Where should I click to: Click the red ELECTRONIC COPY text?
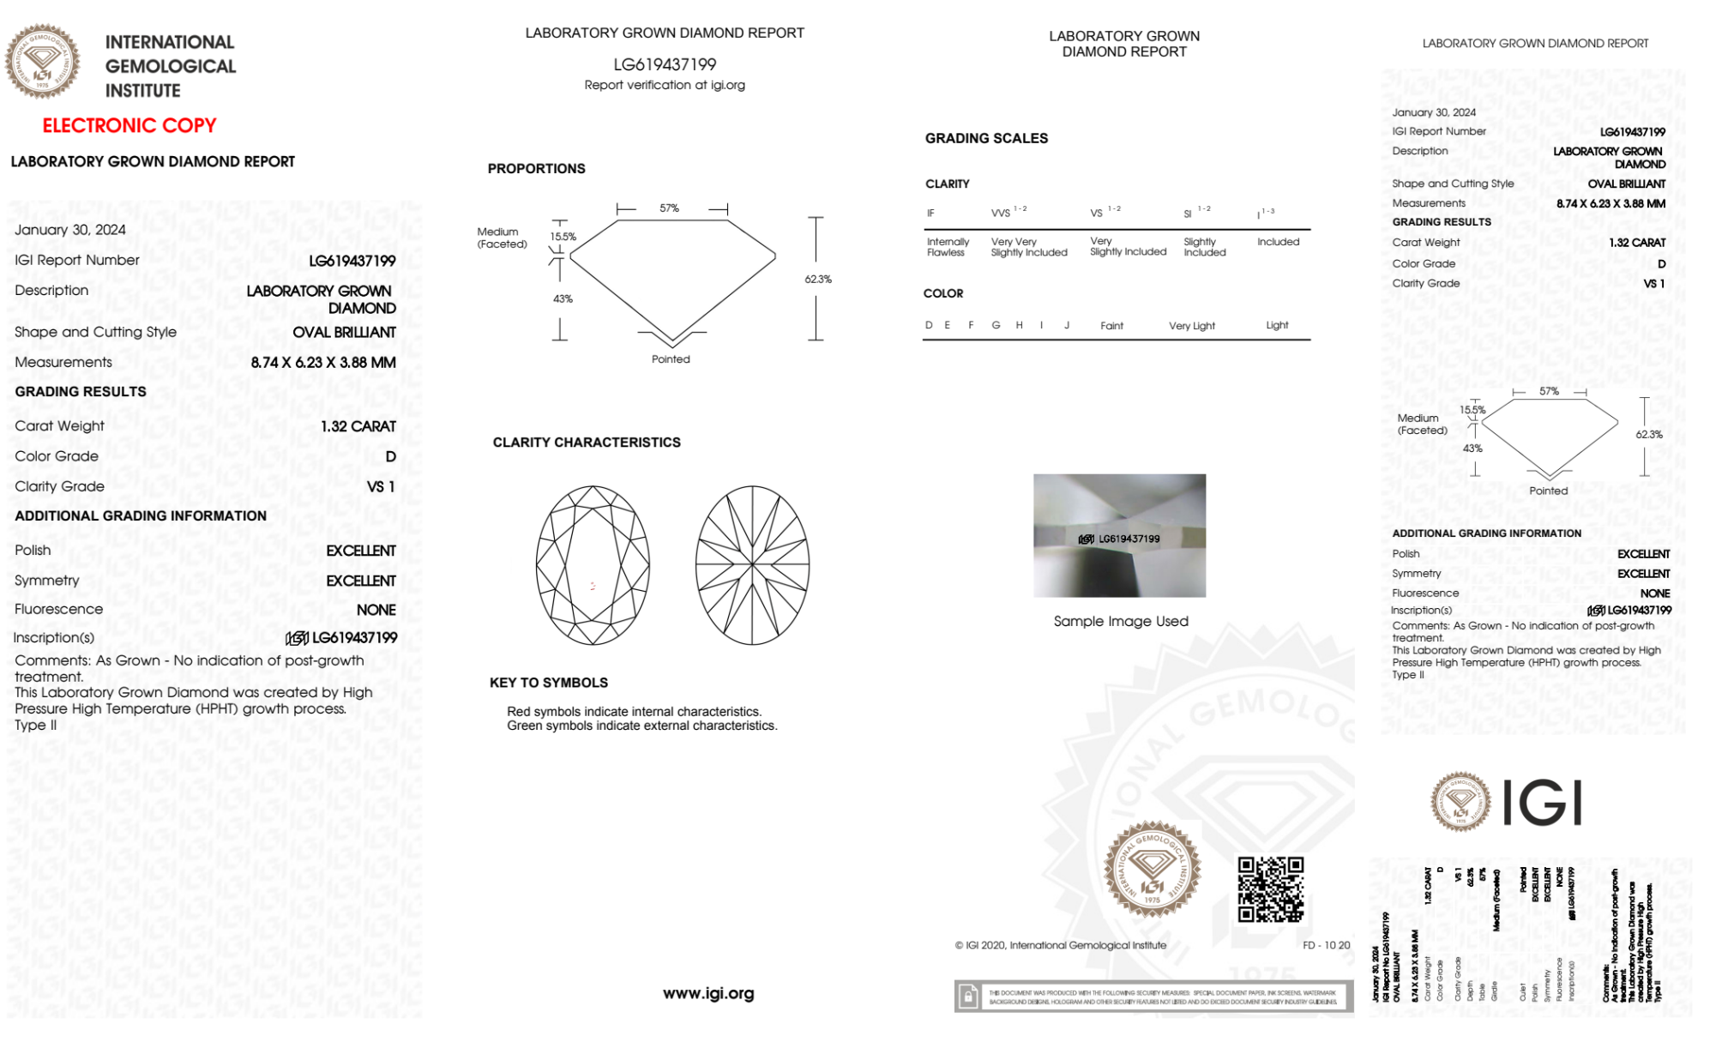pos(129,126)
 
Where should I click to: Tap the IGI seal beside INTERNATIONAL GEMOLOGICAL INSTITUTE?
pos(42,62)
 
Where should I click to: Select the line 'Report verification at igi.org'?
pos(665,85)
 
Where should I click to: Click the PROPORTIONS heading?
pos(536,169)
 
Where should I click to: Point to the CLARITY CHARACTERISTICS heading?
pos(587,443)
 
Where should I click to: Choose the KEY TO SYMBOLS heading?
pos(549,683)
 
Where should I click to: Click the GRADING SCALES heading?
pos(986,138)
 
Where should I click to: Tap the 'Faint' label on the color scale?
pos(1111,326)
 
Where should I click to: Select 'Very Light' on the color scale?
pos(1191,326)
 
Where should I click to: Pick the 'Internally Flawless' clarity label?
pos(948,247)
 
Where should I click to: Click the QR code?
pos(1271,889)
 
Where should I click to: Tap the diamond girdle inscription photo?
pos(1119,535)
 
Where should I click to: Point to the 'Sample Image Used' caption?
pos(1121,621)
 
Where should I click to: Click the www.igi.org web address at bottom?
pos(708,993)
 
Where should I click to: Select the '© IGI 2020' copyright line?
pos(1061,945)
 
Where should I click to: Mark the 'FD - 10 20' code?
pos(1326,945)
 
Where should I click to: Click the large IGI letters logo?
pos(1543,804)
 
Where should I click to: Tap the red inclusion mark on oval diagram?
pos(593,586)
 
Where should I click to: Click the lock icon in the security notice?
pos(968,997)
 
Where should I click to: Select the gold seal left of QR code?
pos(1152,870)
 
